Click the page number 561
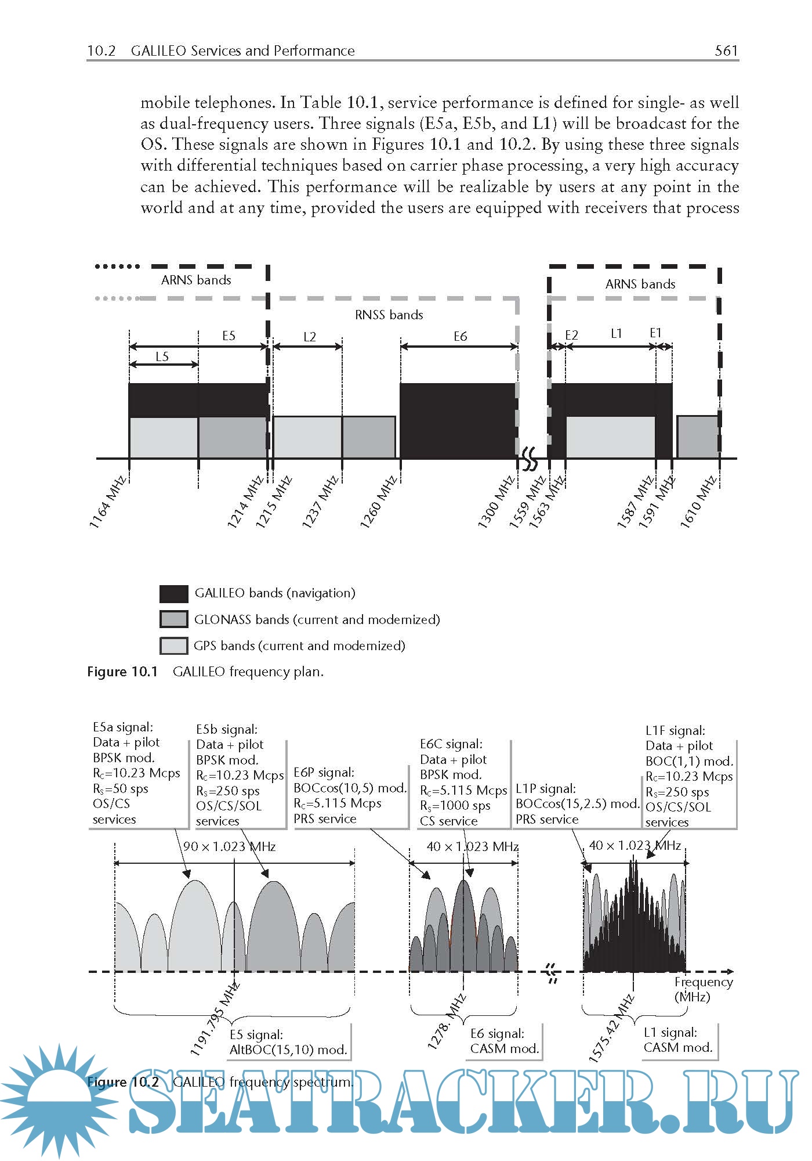pyautogui.click(x=726, y=51)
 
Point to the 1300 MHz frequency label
pyautogui.click(x=496, y=502)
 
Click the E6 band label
pyautogui.click(x=460, y=336)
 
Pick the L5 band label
pyautogui.click(x=162, y=356)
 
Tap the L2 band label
pyautogui.click(x=309, y=337)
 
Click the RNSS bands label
pyautogui.click(x=389, y=315)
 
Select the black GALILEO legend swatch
pyautogui.click(x=173, y=593)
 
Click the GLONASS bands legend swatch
pyautogui.click(x=173, y=619)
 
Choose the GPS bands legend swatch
pyautogui.click(x=173, y=646)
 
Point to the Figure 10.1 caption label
pyautogui.click(x=122, y=672)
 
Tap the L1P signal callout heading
pyautogui.click(x=546, y=788)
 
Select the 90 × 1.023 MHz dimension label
pyautogui.click(x=229, y=846)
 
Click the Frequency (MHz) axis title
pyautogui.click(x=703, y=989)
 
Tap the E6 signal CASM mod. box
pyautogui.click(x=504, y=1041)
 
